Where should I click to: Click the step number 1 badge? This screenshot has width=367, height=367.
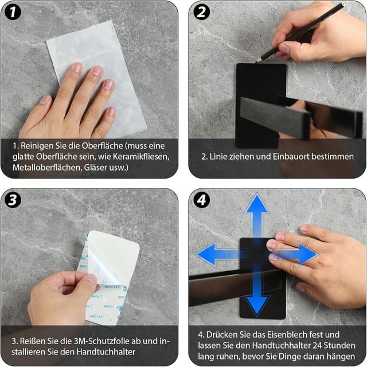[13, 12]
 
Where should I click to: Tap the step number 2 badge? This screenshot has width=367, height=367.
[201, 12]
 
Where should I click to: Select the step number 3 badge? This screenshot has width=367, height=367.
[13, 200]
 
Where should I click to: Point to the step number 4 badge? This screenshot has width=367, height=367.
[201, 200]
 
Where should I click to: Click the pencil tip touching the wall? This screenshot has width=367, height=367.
[257, 62]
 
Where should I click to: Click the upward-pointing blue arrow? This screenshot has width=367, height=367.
[257, 215]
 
